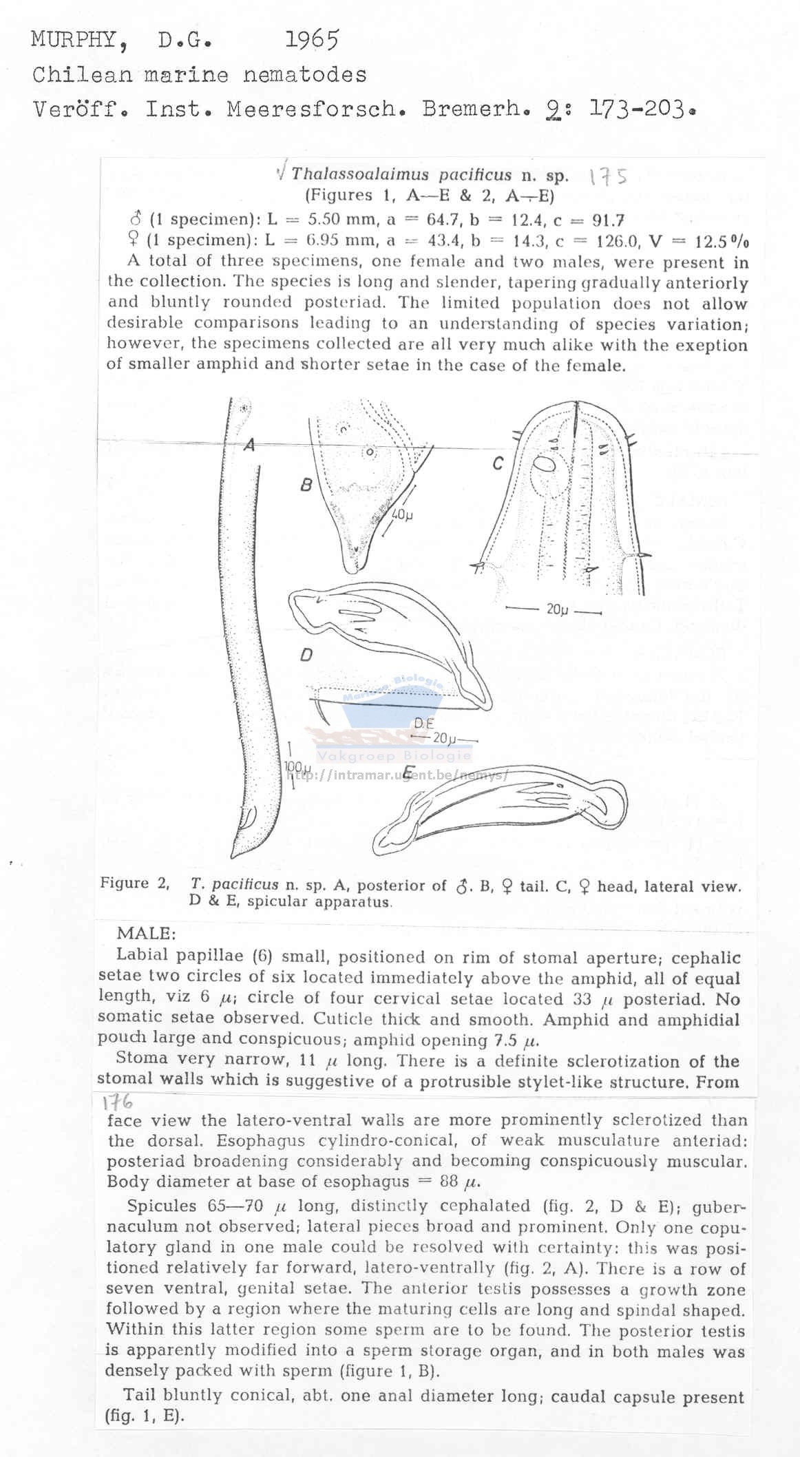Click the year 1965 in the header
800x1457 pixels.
(312, 40)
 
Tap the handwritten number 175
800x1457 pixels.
(608, 177)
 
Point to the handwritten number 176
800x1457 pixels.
(118, 1103)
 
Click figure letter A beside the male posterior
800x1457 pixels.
(249, 446)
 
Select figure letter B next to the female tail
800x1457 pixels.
(306, 485)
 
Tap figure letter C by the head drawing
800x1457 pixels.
(498, 463)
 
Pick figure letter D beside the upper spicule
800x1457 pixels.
(306, 655)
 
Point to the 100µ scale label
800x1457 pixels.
(298, 767)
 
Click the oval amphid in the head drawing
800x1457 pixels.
(545, 465)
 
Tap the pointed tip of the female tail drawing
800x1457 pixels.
(352, 569)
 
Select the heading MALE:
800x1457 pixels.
(146, 934)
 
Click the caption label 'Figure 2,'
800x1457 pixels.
(135, 883)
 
